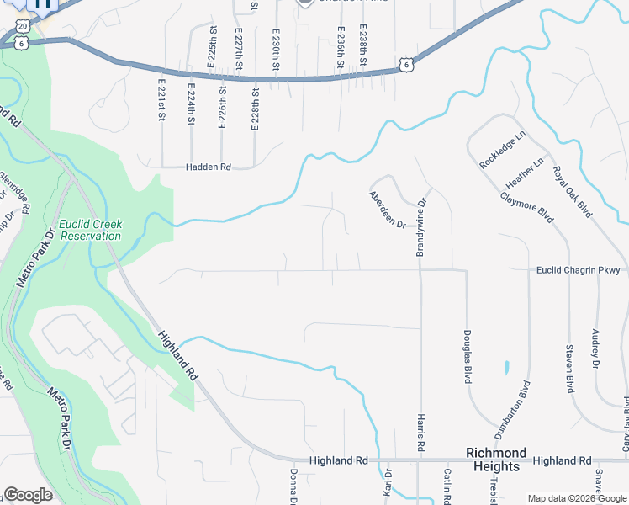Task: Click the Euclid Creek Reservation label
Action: point(90,230)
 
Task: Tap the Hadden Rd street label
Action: point(208,167)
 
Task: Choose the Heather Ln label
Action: point(526,173)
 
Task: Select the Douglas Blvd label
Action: point(466,357)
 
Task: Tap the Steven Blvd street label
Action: point(569,368)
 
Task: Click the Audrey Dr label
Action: point(595,348)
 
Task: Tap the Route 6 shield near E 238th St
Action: point(406,64)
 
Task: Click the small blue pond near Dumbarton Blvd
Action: point(506,367)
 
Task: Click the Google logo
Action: point(28,495)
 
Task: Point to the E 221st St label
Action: point(160,99)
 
